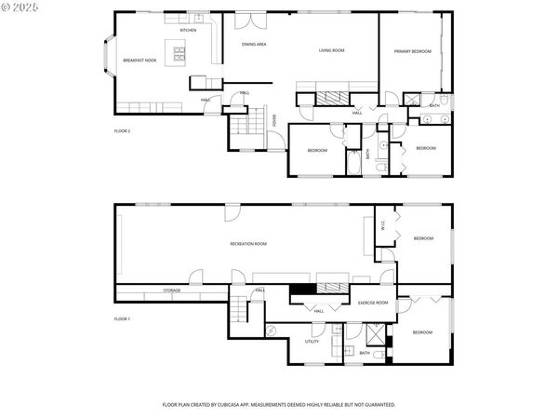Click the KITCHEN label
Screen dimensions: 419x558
[x=188, y=30]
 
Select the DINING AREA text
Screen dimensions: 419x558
[x=255, y=44]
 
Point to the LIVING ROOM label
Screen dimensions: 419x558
[x=332, y=50]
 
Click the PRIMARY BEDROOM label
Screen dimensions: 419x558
[x=412, y=51]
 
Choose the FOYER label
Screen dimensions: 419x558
[x=274, y=119]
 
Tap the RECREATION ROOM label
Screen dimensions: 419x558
[x=248, y=243]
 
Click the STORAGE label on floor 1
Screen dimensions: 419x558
[x=172, y=291]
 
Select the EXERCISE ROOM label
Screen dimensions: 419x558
[x=373, y=303]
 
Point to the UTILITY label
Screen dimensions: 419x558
[x=312, y=342]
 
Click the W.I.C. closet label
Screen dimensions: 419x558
[x=383, y=223]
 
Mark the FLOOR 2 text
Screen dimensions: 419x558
[x=122, y=131]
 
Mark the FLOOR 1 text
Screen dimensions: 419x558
[x=122, y=319]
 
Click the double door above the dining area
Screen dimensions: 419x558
[x=250, y=20]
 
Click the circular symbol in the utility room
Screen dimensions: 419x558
[x=272, y=330]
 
